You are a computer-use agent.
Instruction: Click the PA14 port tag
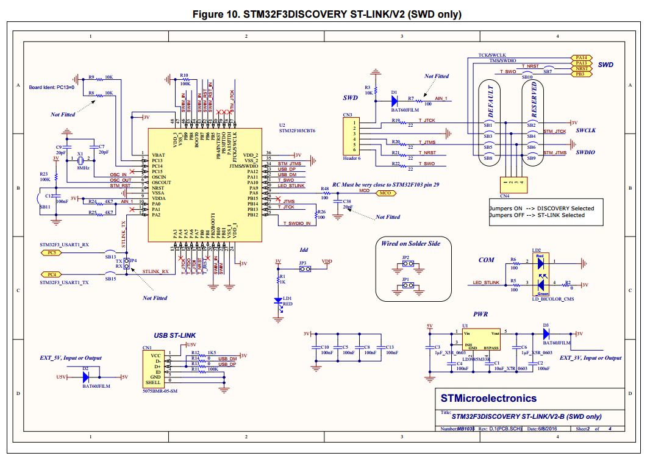580,57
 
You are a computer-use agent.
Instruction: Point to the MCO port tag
385,193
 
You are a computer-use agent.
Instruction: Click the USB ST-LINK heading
174,336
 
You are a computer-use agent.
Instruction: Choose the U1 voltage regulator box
481,341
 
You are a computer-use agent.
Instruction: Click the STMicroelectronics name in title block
489,398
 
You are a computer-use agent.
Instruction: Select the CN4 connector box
513,183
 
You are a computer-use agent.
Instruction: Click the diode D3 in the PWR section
547,333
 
